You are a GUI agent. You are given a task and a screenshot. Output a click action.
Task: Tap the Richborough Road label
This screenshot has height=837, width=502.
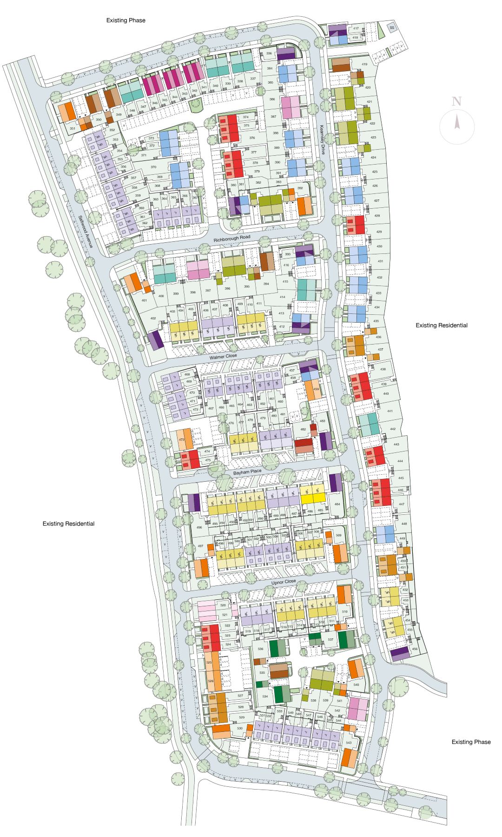(x=232, y=238)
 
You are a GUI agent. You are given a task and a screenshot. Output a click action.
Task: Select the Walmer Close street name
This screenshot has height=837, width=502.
(x=223, y=356)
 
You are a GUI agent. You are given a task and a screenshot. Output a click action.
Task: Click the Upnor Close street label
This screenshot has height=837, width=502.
(x=284, y=582)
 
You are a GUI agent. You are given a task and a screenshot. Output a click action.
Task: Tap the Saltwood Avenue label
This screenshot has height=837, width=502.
(x=86, y=231)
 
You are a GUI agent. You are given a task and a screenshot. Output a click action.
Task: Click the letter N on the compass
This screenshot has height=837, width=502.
(x=457, y=101)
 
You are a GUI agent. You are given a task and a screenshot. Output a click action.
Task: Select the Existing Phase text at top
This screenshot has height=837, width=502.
(x=125, y=20)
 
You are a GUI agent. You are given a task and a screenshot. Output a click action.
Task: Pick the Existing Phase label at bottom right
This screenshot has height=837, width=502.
(x=471, y=742)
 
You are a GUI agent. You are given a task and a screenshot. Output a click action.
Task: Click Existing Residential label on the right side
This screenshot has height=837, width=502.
(x=442, y=325)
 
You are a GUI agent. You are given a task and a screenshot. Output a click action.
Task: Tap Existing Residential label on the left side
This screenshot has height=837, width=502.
(x=68, y=524)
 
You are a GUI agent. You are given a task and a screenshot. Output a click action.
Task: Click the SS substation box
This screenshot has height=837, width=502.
(x=392, y=28)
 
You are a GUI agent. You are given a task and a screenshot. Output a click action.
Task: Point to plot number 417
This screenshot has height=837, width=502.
(x=356, y=29)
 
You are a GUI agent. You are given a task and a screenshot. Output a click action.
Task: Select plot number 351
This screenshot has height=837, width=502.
(x=72, y=128)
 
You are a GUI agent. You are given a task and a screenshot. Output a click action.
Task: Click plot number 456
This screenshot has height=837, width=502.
(x=415, y=649)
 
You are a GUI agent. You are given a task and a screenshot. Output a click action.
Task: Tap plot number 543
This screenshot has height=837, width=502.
(x=349, y=743)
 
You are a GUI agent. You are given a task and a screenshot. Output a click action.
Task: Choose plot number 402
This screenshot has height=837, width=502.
(x=153, y=319)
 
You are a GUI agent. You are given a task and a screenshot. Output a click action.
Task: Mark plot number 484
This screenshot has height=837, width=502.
(x=337, y=504)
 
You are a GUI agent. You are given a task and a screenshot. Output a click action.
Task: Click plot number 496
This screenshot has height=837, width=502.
(x=199, y=527)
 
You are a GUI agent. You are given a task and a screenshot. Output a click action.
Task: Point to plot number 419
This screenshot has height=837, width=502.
(x=364, y=64)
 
